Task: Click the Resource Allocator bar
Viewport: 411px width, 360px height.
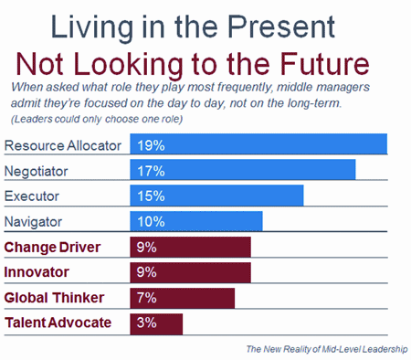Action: coord(258,143)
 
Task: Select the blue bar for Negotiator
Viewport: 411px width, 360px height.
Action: coord(243,169)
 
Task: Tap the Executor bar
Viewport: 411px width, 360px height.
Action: coord(216,196)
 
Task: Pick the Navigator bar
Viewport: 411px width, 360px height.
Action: coord(196,221)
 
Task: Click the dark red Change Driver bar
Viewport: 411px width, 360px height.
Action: coord(190,247)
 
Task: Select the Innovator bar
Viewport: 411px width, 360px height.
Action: coord(190,272)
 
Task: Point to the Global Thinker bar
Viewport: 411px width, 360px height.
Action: coord(183,298)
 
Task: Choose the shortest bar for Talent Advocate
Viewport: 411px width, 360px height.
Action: coord(156,324)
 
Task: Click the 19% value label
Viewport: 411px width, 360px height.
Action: coord(151,145)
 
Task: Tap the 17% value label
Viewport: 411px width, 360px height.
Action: coord(151,171)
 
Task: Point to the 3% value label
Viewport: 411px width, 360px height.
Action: coord(146,323)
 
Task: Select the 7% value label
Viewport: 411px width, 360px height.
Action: coord(146,297)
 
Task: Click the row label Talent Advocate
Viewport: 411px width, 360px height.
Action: coord(58,323)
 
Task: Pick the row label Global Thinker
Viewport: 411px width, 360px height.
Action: coord(54,298)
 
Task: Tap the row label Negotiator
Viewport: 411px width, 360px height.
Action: coord(36,172)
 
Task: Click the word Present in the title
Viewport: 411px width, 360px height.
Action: coord(281,26)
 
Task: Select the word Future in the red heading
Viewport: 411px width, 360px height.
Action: coord(324,64)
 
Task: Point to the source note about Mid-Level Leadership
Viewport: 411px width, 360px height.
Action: coord(327,349)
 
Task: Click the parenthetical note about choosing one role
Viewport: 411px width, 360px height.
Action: coord(97,119)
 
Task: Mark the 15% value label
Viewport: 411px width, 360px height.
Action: coord(151,196)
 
